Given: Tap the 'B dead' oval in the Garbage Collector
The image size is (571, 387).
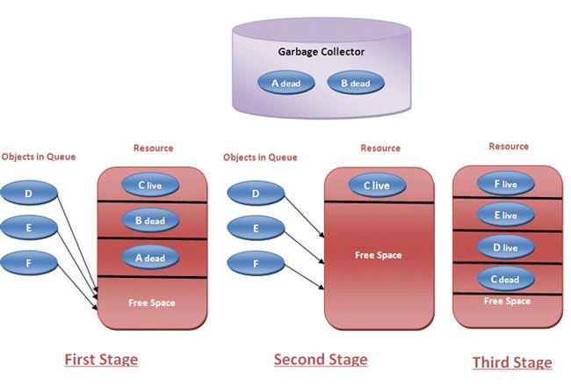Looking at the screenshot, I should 355,84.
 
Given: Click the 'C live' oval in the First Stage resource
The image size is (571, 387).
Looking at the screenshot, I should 151,185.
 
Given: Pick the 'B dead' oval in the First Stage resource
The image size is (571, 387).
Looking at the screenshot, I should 150,221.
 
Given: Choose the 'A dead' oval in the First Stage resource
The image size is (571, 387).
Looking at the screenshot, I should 150,258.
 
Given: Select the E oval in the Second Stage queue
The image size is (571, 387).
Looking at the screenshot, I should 255,228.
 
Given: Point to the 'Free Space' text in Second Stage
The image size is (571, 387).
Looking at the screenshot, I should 378,255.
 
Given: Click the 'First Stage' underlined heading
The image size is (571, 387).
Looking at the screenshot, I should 100,360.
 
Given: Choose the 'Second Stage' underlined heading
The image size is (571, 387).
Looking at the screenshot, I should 321,359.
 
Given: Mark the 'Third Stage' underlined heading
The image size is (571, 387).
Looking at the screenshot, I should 512,362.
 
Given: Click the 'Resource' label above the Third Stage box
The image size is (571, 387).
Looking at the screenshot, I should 509,146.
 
